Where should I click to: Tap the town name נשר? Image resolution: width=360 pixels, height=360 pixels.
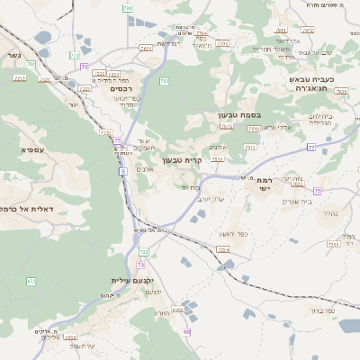click(13, 55)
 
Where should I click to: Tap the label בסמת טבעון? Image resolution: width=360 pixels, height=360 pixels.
click(238, 115)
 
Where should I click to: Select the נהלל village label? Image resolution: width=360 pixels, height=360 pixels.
click(329, 213)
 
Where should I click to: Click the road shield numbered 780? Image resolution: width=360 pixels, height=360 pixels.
click(128, 8)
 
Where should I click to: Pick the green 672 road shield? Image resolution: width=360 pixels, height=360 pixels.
click(31, 282)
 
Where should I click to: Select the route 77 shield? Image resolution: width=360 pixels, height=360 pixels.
click(310, 146)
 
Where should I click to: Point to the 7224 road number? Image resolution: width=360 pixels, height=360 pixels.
click(223, 249)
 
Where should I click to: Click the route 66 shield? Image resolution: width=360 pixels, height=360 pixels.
click(186, 332)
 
